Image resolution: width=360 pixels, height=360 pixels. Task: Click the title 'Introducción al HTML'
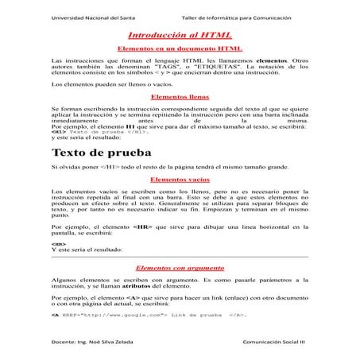[179, 36]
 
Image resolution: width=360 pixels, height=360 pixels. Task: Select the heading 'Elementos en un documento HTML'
[179, 48]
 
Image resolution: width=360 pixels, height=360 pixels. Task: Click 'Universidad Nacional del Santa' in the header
[92, 17]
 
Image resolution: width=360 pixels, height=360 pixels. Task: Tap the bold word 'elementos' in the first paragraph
[269, 60]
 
